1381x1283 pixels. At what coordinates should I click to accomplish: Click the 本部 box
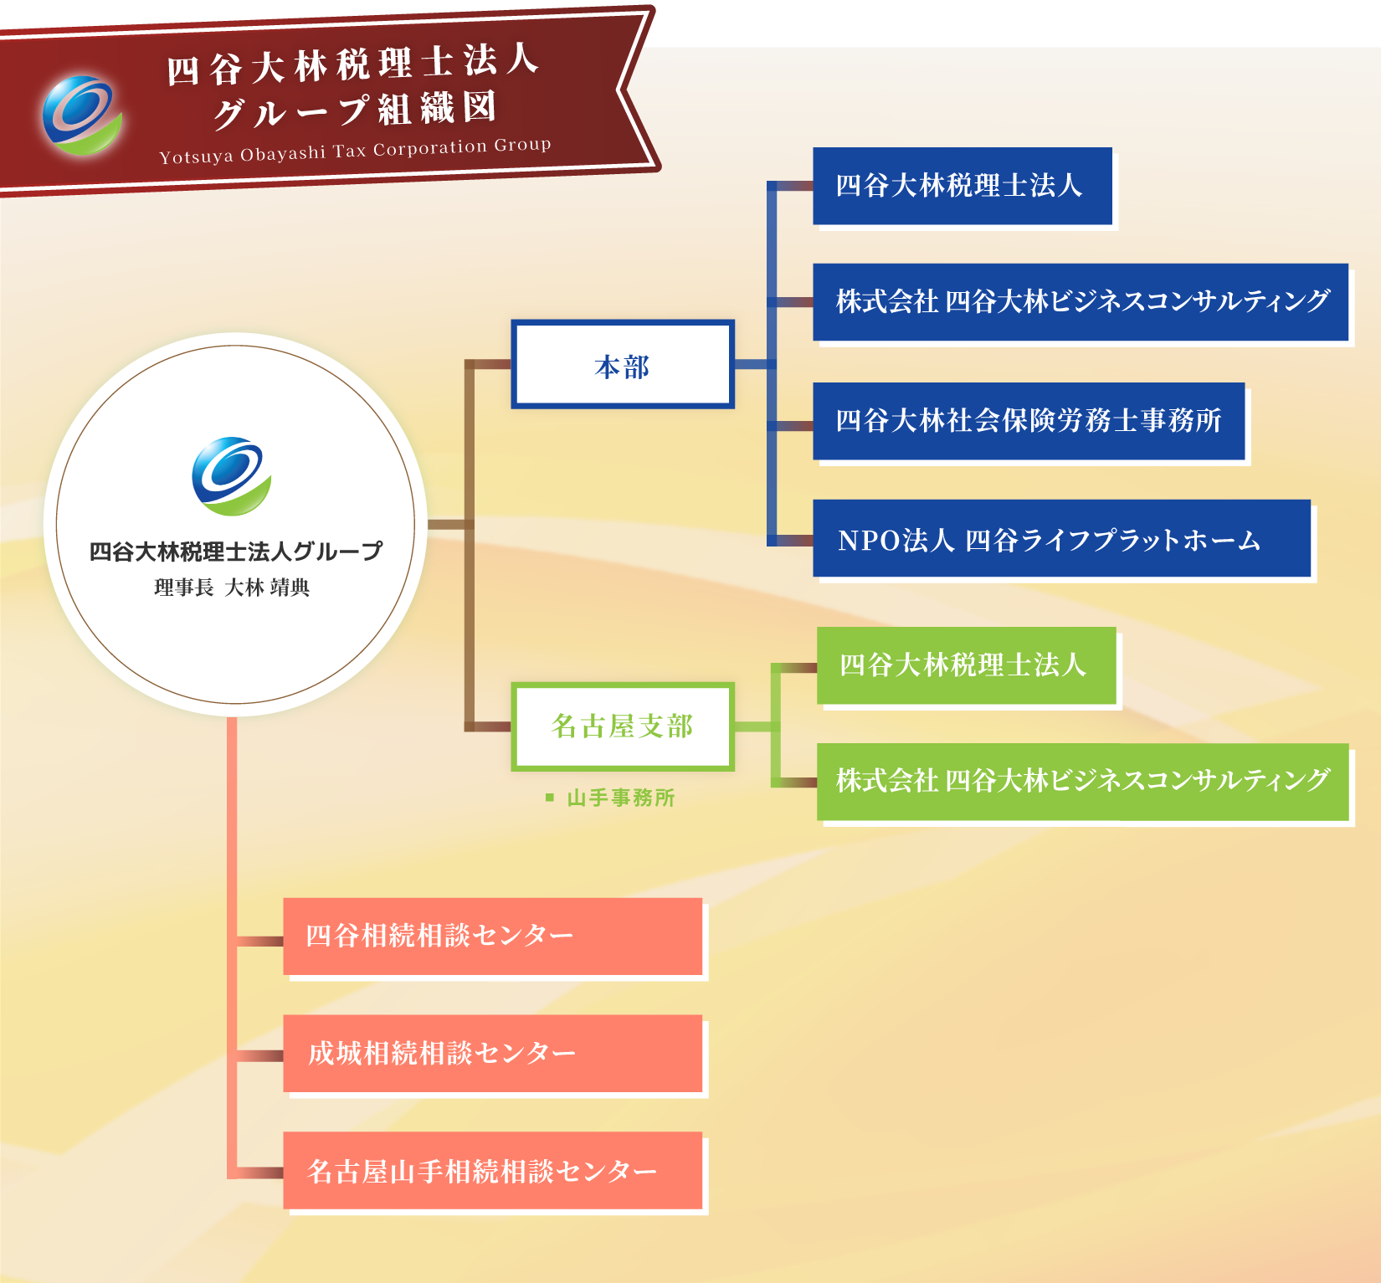pyautogui.click(x=623, y=364)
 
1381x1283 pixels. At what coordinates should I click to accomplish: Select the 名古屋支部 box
pyautogui.click(x=623, y=726)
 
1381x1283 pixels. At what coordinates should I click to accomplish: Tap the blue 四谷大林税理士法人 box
pyautogui.click(x=963, y=186)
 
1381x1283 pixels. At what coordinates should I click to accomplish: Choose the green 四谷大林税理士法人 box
pyautogui.click(x=967, y=665)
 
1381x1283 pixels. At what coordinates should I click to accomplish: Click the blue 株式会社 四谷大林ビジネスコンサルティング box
pyautogui.click(x=1081, y=302)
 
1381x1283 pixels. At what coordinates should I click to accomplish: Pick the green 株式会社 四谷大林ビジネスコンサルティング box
pyautogui.click(x=1083, y=782)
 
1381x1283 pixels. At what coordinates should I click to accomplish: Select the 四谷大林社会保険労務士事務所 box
pyautogui.click(x=1029, y=421)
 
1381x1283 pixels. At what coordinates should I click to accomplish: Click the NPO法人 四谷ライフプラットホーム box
pyautogui.click(x=1061, y=538)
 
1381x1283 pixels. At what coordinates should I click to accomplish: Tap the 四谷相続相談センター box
pyautogui.click(x=493, y=937)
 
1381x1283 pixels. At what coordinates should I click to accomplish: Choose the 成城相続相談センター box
pyautogui.click(x=493, y=1054)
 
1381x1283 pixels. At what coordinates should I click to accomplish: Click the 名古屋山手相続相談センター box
pyautogui.click(x=493, y=1171)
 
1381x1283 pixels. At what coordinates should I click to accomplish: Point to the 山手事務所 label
pyautogui.click(x=621, y=798)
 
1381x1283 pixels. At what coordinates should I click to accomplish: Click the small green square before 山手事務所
pyautogui.click(x=550, y=798)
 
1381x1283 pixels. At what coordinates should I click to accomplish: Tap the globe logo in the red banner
pyautogui.click(x=82, y=115)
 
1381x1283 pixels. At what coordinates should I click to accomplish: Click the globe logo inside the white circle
pyautogui.click(x=232, y=475)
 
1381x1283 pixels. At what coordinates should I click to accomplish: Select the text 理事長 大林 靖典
pyautogui.click(x=232, y=588)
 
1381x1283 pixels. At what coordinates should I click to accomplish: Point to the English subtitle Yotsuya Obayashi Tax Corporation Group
pyautogui.click(x=356, y=151)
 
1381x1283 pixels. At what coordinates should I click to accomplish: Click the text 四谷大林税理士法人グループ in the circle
pyautogui.click(x=236, y=552)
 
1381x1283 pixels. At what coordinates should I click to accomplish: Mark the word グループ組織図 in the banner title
pyautogui.click(x=355, y=110)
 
